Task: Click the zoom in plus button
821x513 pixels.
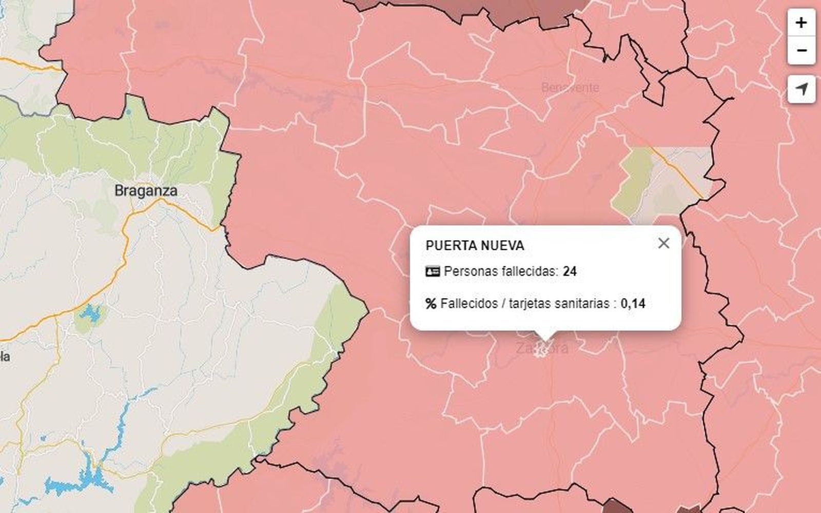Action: (801, 23)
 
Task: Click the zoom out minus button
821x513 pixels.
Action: (801, 50)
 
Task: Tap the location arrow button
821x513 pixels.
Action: (801, 89)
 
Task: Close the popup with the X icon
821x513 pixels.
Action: (663, 243)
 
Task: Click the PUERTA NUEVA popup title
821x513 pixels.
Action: (475, 246)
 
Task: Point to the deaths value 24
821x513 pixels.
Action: (570, 271)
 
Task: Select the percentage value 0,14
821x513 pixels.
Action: (633, 304)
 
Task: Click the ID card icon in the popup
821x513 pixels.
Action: (433, 271)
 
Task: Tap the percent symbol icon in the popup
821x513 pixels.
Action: (431, 304)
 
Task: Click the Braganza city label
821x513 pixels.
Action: (146, 191)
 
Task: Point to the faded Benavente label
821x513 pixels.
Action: (570, 88)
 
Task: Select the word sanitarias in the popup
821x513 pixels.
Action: (582, 304)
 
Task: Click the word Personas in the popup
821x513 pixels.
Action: (468, 271)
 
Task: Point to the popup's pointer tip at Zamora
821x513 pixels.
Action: (545, 339)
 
